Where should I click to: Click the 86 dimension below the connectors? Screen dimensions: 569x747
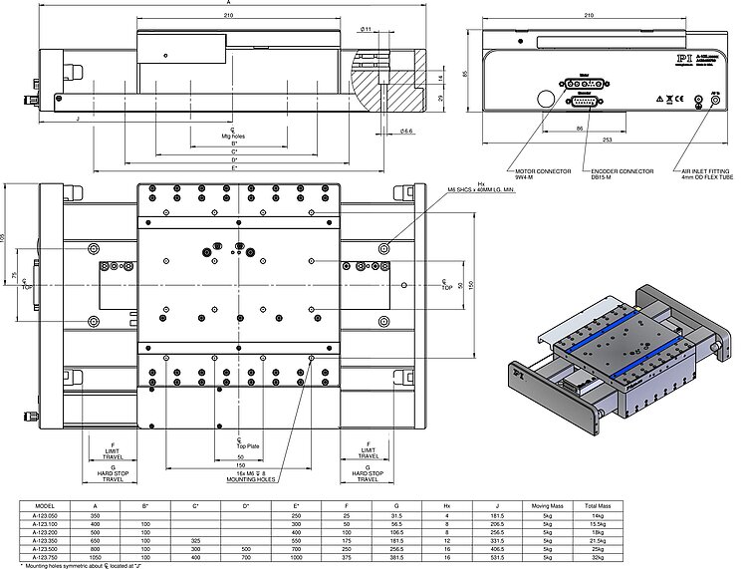coord(579,129)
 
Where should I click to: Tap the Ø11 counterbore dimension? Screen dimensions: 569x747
coord(367,30)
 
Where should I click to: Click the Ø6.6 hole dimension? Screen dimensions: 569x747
coord(406,131)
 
